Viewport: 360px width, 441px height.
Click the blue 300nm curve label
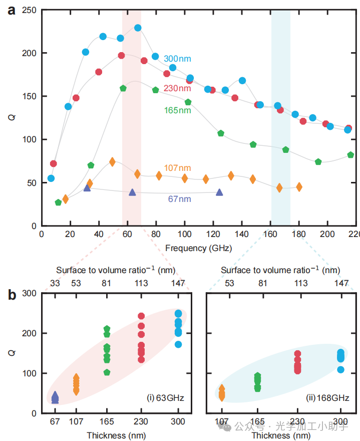(177, 59)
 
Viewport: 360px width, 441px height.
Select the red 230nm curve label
(177, 89)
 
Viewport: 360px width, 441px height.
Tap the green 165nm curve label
(177, 110)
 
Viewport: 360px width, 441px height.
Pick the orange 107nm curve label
(177, 168)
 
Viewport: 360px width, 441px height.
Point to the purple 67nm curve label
(179, 199)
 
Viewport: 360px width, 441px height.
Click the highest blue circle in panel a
(138, 28)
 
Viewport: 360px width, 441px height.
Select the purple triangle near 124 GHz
(219, 192)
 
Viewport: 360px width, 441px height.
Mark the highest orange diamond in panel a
(112, 161)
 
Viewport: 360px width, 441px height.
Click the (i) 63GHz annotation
(165, 399)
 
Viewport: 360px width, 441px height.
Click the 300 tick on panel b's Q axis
(29, 293)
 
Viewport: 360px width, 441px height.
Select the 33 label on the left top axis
(55, 284)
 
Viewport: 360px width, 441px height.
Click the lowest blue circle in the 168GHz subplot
(341, 370)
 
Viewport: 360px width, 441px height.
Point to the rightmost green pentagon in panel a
(350, 155)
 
